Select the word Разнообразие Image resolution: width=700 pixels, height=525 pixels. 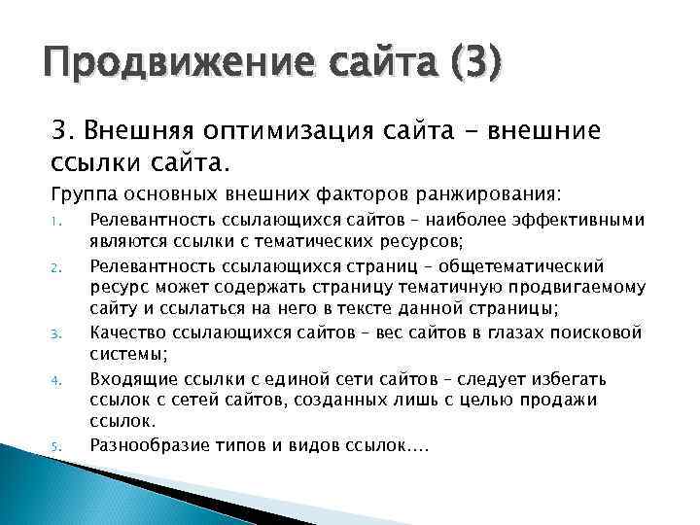[x=147, y=445]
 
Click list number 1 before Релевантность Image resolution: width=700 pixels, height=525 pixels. [x=56, y=222]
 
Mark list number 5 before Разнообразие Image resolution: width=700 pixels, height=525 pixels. [x=56, y=447]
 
